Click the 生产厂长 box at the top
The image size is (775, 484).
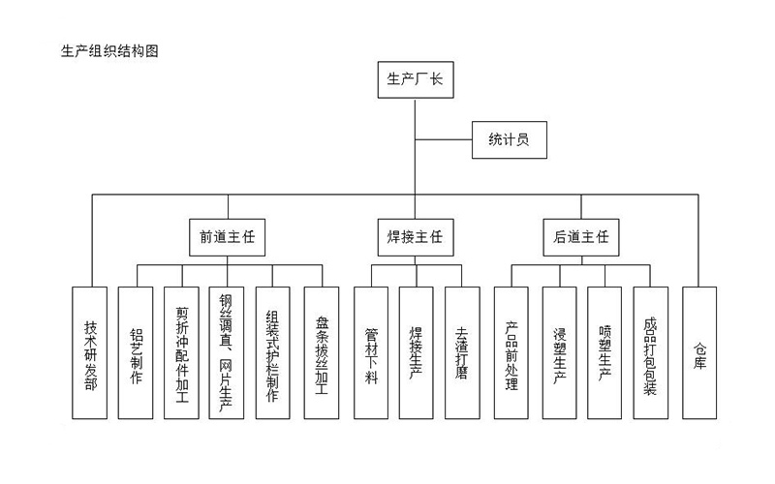(415, 80)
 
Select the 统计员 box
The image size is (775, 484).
(509, 139)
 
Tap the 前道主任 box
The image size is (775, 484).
(228, 236)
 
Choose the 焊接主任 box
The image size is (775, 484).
(415, 236)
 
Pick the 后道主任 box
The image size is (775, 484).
(581, 236)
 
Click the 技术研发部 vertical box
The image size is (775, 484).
(90, 352)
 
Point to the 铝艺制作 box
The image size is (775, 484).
(136, 352)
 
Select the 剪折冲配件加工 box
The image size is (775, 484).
(181, 352)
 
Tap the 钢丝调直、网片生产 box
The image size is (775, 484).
(227, 352)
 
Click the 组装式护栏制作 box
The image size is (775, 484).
(273, 352)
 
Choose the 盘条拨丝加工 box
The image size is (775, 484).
(321, 352)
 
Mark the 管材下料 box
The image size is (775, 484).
(371, 352)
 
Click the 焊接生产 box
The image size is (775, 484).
(416, 352)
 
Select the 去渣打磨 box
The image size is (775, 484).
(461, 352)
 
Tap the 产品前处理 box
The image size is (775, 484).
(511, 352)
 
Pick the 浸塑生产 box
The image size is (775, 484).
(559, 352)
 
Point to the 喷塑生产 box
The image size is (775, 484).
(604, 352)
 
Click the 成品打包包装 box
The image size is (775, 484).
(650, 352)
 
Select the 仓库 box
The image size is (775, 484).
(699, 352)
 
